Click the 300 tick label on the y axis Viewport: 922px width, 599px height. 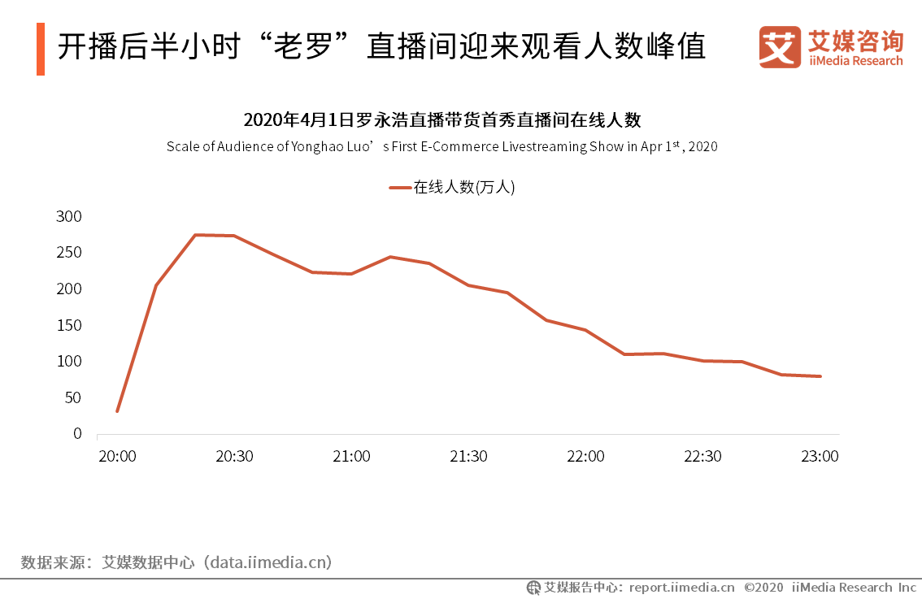[69, 216]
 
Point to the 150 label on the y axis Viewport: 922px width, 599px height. [69, 325]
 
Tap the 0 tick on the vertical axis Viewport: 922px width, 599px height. [77, 433]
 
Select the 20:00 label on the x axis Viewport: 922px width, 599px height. [117, 456]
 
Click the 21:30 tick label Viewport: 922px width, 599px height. [468, 456]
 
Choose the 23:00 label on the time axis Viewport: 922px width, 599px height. [820, 456]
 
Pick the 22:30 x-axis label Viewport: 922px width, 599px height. [702, 456]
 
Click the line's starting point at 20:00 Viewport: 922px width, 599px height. [117, 411]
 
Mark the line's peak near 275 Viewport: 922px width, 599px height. [196, 235]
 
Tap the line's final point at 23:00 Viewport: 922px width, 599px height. [820, 376]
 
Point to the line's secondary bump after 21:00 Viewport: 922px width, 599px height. [390, 257]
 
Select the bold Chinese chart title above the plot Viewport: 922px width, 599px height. [442, 120]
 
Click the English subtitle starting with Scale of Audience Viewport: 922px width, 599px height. [442, 147]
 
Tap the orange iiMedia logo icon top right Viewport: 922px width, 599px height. [780, 47]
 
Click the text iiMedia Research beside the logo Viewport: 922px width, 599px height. [855, 61]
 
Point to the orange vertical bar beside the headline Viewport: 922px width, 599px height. [41, 49]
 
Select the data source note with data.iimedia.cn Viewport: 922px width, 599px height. [176, 562]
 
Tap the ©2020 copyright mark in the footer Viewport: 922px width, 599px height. [763, 587]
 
